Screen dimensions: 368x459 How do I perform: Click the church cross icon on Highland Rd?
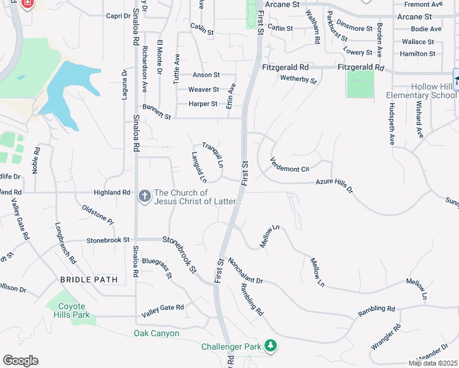tap(144, 196)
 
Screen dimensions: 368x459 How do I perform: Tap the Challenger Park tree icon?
tap(270, 347)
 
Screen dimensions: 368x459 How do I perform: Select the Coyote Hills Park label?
tap(74, 310)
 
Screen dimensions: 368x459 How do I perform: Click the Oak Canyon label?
tap(156, 334)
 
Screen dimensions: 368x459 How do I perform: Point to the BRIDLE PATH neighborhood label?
tap(88, 279)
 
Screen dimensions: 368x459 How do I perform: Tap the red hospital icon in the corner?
tap(26, 4)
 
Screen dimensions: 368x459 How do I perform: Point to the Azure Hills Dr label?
tap(334, 185)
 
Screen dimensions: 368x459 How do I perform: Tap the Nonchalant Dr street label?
tap(245, 270)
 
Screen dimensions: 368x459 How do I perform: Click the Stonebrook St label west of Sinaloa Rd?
tap(108, 240)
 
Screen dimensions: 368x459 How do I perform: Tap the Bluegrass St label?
tap(156, 269)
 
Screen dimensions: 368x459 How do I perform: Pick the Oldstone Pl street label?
tap(98, 215)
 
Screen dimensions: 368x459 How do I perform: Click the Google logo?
tap(20, 361)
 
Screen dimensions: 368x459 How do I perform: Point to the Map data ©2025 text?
tap(432, 363)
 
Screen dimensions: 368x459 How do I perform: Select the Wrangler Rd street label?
tap(385, 338)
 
